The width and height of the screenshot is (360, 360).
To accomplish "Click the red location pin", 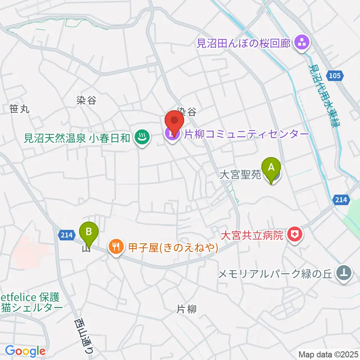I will pos(174,121).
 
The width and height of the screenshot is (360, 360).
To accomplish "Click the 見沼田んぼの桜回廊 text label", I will pos(244,43).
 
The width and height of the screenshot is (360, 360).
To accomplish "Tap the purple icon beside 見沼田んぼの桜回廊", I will pos(301,43).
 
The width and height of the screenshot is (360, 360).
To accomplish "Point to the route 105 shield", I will pos(335,76).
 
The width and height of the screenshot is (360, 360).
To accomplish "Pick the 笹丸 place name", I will pos(19,109).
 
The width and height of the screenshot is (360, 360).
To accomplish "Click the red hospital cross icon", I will pos(294,235).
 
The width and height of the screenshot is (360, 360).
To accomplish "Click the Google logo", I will pos(25,351).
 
